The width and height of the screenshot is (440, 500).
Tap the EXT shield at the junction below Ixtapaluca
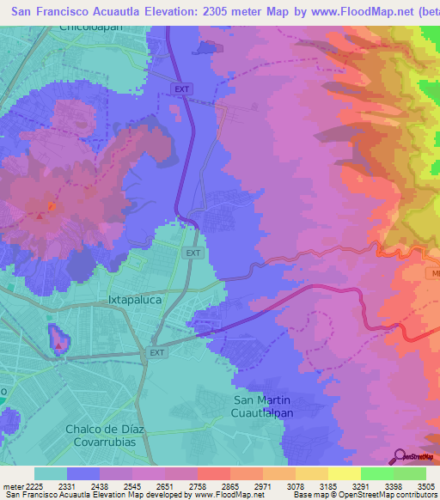(x=156, y=352)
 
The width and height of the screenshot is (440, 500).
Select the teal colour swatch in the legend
(x=51, y=473)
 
